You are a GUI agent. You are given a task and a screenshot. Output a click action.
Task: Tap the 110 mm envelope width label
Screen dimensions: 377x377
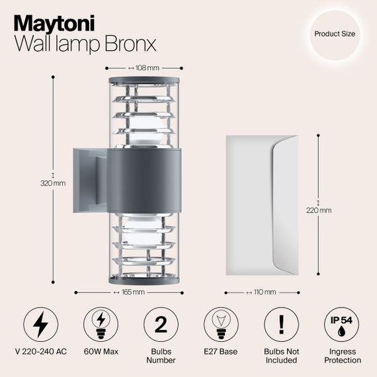point(263,292)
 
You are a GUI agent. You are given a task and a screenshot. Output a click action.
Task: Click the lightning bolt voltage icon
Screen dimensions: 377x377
point(40,325)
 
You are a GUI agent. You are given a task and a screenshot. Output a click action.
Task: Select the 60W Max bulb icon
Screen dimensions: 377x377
point(101,325)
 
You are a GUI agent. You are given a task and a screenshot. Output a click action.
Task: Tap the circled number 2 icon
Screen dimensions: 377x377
point(161,325)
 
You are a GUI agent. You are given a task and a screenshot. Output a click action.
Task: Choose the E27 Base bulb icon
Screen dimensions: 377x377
point(221,325)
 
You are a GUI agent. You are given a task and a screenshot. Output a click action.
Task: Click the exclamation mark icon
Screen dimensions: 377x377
point(281,325)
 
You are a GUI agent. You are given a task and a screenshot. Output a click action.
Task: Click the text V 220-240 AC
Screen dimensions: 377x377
point(40,351)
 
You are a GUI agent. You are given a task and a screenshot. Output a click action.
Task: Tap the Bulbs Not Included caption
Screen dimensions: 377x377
point(281,356)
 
